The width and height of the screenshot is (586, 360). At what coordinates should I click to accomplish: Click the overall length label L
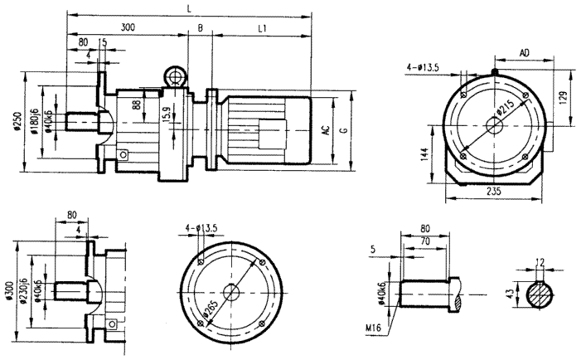coord(191,7)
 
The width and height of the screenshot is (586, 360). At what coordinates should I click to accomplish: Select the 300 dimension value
coord(128,27)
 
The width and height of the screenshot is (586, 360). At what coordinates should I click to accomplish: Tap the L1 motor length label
coord(262,27)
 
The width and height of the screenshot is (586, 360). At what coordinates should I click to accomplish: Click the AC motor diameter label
coord(327,130)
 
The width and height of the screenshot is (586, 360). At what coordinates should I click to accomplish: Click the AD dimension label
coord(525,52)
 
